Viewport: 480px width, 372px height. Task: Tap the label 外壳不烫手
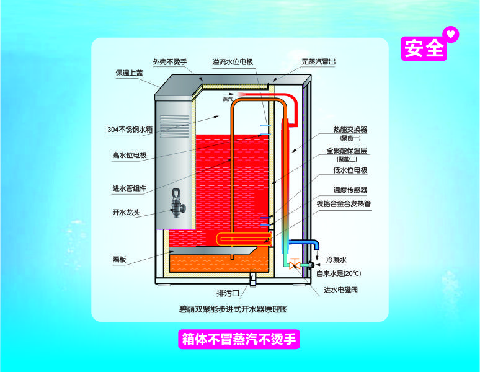click(169, 62)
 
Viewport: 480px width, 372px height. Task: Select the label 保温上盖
click(129, 73)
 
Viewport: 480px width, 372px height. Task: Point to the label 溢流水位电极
click(233, 62)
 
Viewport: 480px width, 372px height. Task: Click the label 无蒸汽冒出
click(318, 62)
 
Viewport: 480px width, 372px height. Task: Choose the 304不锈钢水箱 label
click(130, 130)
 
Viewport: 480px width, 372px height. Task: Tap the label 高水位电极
click(129, 156)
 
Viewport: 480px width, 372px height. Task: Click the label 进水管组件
click(129, 188)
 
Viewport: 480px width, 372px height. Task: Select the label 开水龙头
click(126, 212)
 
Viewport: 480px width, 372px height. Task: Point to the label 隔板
click(119, 260)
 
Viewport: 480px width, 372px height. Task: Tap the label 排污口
click(228, 293)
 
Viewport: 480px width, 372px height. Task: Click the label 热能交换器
click(350, 130)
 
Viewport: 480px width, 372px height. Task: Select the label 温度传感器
click(350, 190)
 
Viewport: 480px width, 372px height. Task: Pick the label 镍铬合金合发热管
click(344, 204)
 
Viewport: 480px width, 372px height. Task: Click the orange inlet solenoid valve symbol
click(295, 263)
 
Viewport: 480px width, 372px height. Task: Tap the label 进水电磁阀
click(340, 290)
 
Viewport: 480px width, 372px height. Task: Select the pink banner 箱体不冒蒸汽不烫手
click(239, 339)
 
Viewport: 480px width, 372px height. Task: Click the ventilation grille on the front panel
click(175, 126)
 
